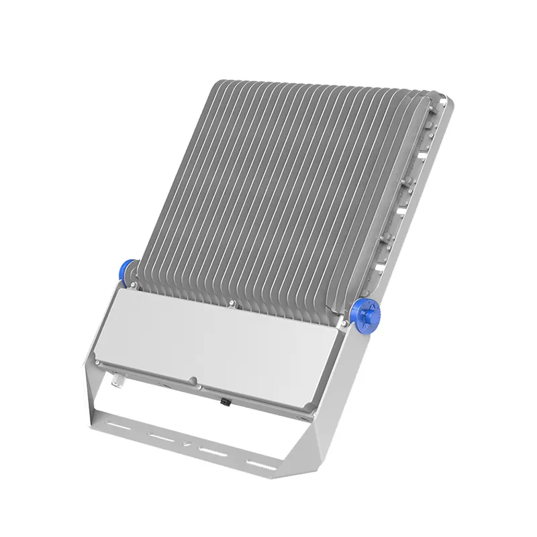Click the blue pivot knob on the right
point(366,313)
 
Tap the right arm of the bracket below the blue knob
point(346,376)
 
